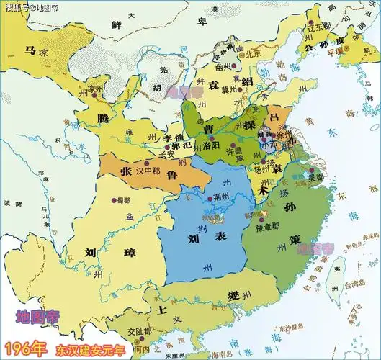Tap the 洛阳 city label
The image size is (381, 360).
(x=212, y=145)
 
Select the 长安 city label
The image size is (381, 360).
(x=166, y=153)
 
